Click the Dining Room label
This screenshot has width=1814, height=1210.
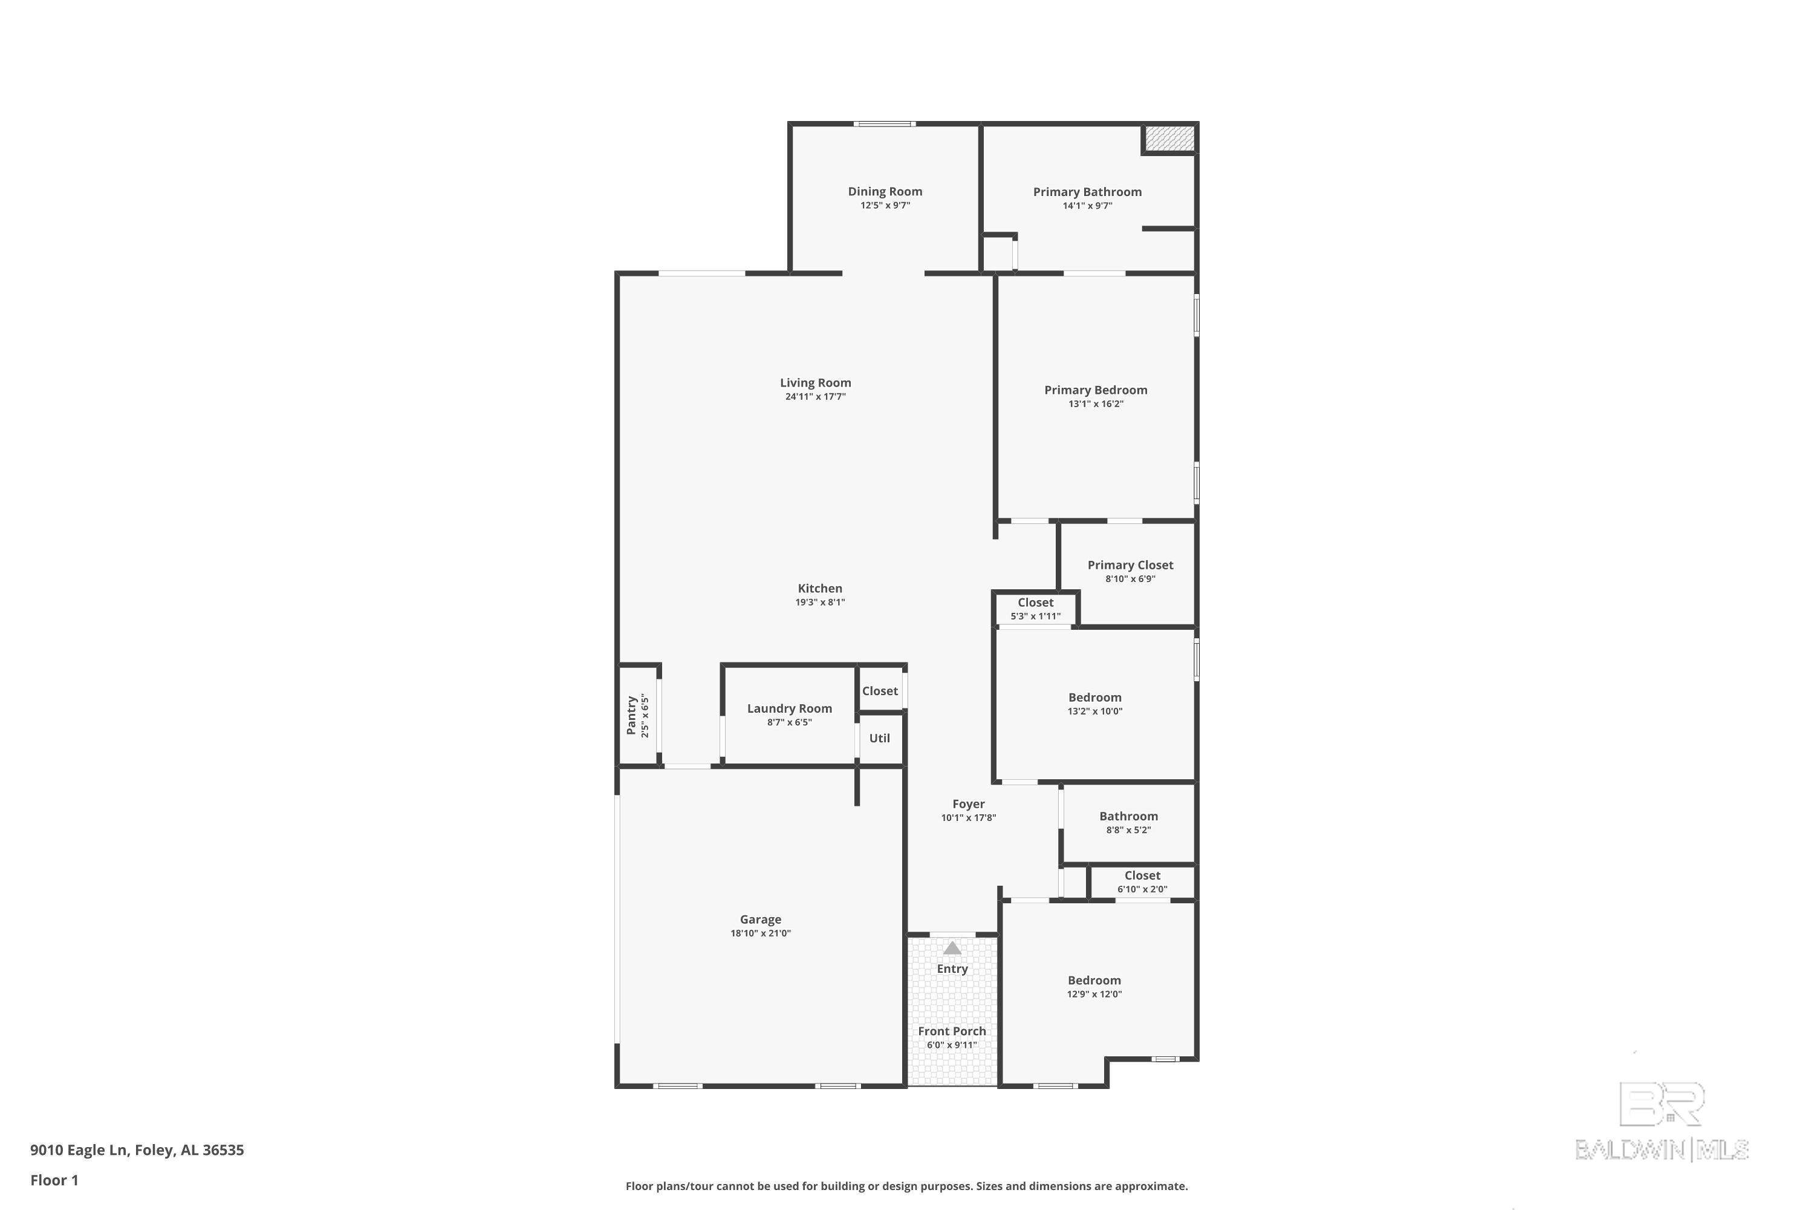pyautogui.click(x=885, y=191)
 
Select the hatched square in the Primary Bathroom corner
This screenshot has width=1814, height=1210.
pyautogui.click(x=1169, y=138)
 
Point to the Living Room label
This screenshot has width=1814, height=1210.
pyautogui.click(x=815, y=383)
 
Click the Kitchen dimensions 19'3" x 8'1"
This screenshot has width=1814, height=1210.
pyautogui.click(x=820, y=603)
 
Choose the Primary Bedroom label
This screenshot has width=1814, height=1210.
pyautogui.click(x=1095, y=390)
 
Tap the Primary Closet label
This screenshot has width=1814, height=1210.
pyautogui.click(x=1130, y=565)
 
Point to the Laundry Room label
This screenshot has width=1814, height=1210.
pyautogui.click(x=789, y=708)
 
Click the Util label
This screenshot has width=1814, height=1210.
pyautogui.click(x=879, y=737)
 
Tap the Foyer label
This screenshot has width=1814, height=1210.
pyautogui.click(x=968, y=804)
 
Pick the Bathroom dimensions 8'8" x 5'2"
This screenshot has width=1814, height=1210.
pyautogui.click(x=1128, y=830)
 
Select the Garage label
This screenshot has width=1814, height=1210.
pyautogui.click(x=761, y=919)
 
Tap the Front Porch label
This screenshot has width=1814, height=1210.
pyautogui.click(x=952, y=1031)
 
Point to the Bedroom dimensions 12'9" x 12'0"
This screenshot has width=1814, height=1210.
pyautogui.click(x=1094, y=995)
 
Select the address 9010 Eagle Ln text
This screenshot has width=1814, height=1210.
pyautogui.click(x=78, y=1150)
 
